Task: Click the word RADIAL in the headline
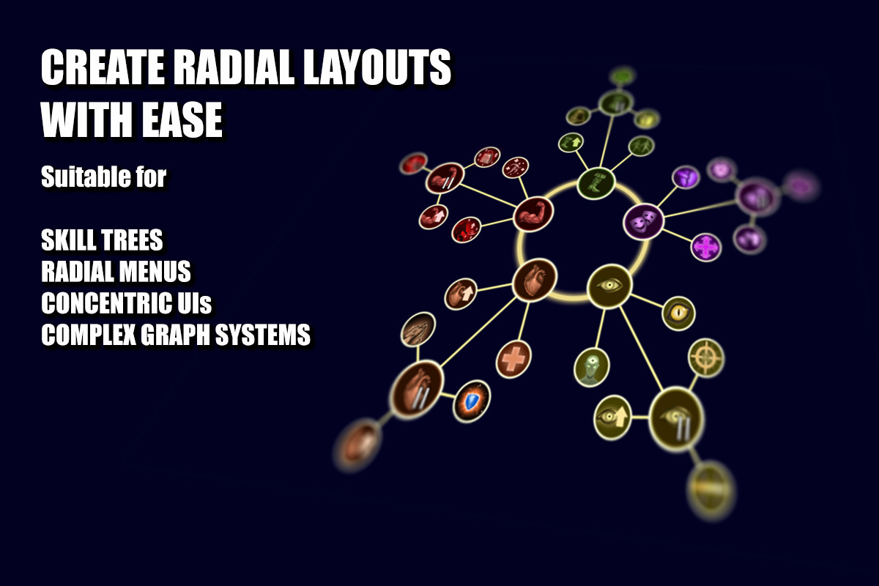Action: [x=234, y=67]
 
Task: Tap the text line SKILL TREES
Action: [x=102, y=240]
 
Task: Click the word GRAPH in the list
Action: [x=175, y=335]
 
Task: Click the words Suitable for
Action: [x=103, y=177]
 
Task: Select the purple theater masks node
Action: [x=643, y=221]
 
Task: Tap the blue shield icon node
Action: [x=471, y=401]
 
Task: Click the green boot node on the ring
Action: [x=596, y=183]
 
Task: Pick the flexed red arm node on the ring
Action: [x=533, y=215]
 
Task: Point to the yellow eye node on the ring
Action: [x=609, y=286]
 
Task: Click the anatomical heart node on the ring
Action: [x=535, y=280]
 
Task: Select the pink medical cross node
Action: [x=513, y=359]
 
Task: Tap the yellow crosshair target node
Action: [x=706, y=358]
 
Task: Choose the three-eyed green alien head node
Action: [x=591, y=368]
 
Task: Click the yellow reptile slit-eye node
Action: [x=678, y=314]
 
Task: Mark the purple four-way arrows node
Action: [x=705, y=248]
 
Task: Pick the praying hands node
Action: [x=418, y=329]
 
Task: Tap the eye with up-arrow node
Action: [x=612, y=418]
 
